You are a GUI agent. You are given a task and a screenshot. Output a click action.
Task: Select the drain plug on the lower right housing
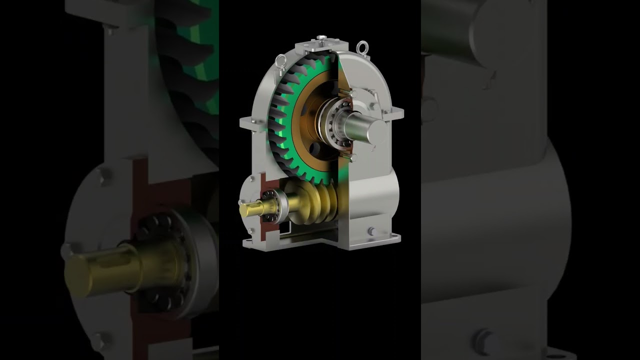[x=371, y=231]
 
